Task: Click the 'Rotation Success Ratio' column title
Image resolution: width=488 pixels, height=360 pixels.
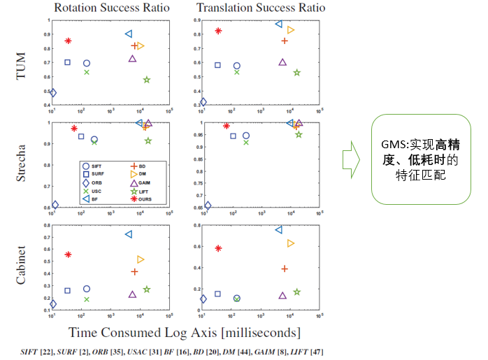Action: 110,8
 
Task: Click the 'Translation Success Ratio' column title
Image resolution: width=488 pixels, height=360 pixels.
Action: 261,8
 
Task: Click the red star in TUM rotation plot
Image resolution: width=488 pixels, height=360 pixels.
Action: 68,41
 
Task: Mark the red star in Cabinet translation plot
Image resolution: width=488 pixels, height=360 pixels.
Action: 218,248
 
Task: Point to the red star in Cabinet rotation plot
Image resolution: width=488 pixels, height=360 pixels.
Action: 68,254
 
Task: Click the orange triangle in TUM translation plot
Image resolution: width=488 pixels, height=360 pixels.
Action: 291,30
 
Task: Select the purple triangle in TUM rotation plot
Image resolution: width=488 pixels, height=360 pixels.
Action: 132,59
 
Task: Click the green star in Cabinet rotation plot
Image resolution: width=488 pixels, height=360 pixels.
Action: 147,289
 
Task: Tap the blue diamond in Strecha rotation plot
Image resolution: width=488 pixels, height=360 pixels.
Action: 55,205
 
